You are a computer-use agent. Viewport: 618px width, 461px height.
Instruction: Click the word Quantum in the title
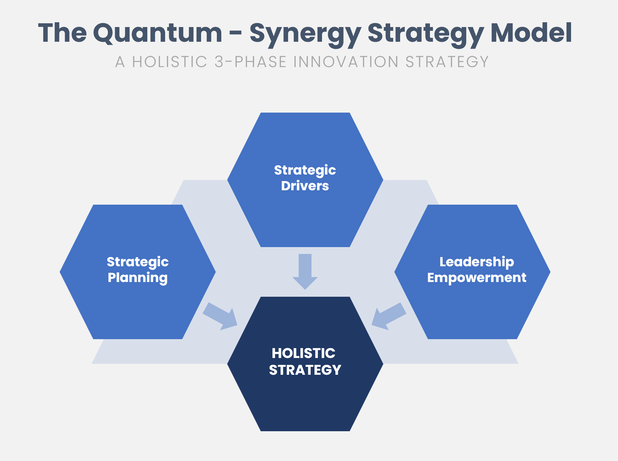click(158, 33)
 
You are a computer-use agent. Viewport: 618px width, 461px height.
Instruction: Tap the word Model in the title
click(531, 33)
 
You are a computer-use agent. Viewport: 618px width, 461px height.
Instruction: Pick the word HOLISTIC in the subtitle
click(170, 62)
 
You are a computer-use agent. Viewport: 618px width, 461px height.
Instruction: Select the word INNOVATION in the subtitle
click(346, 62)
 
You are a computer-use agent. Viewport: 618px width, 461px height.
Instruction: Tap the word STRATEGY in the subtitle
click(447, 62)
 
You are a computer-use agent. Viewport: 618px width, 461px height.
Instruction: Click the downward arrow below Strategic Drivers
click(305, 271)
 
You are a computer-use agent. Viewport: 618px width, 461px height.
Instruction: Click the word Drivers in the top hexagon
click(305, 186)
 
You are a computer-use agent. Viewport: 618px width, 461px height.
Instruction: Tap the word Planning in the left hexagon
click(138, 278)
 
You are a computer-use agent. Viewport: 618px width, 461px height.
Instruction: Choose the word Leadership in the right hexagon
click(477, 262)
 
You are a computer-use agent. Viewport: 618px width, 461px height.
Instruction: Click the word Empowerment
click(477, 278)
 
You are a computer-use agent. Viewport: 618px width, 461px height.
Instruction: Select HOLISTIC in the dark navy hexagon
click(304, 353)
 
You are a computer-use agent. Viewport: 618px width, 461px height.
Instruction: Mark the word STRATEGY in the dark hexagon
click(305, 370)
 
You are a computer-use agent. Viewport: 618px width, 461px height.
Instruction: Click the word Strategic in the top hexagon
click(305, 170)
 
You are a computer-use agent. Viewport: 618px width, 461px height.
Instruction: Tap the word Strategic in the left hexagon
click(138, 262)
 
